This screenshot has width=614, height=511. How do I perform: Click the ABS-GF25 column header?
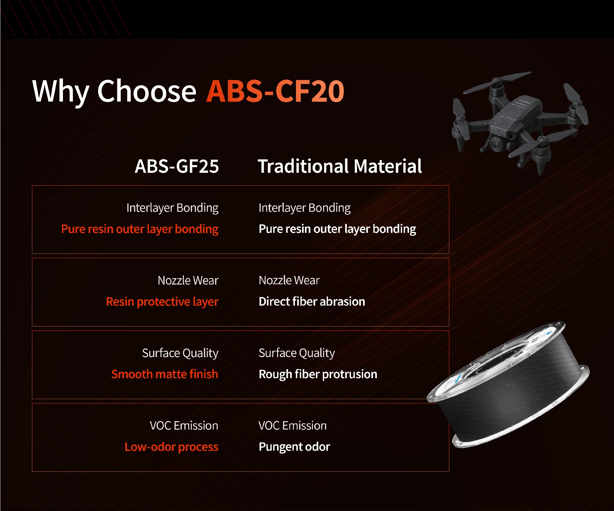(x=177, y=166)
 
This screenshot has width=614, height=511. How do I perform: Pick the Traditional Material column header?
(x=340, y=166)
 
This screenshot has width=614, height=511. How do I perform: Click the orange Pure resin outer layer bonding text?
(x=140, y=229)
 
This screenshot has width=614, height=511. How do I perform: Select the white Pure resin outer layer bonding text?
(x=337, y=229)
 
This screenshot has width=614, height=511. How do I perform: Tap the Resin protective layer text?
(x=162, y=302)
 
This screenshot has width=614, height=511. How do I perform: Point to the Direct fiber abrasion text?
(x=312, y=301)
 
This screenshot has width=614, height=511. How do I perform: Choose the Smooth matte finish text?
(x=165, y=374)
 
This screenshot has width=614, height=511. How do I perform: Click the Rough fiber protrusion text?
(x=318, y=374)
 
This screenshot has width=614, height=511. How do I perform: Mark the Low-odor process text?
(x=171, y=447)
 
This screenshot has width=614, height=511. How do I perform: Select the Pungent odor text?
(x=294, y=447)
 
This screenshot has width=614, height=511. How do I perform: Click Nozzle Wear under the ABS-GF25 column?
(x=188, y=280)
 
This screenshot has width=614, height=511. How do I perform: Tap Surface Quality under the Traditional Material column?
(x=297, y=353)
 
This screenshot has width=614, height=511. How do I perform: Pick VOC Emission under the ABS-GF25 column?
(x=184, y=426)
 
